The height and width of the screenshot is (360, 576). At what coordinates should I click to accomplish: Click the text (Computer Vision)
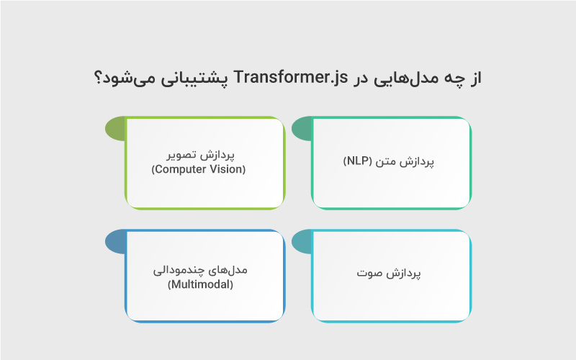pyautogui.click(x=198, y=170)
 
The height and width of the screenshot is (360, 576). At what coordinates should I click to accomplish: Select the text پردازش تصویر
pyautogui.click(x=198, y=156)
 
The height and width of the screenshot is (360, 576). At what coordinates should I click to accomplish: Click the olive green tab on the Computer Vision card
pyautogui.click(x=114, y=129)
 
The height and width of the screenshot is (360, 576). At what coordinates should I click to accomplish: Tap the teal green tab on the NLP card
pyautogui.click(x=302, y=129)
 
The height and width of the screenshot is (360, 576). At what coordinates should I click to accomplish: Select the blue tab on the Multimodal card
pyautogui.click(x=114, y=242)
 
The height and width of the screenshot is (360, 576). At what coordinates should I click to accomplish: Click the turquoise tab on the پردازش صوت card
pyautogui.click(x=302, y=242)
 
